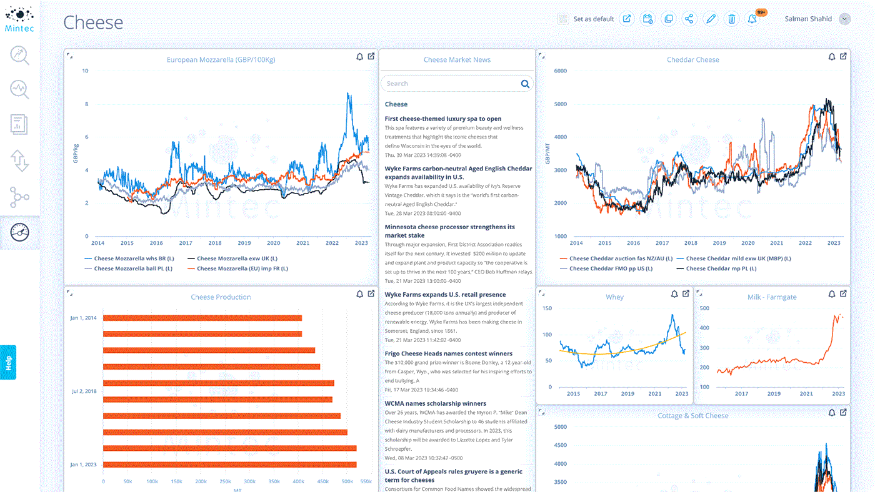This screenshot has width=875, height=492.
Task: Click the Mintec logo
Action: pyautogui.click(x=19, y=19)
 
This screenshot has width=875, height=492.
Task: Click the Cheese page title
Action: pyautogui.click(x=93, y=23)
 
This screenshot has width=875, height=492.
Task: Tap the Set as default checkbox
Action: pyautogui.click(x=563, y=19)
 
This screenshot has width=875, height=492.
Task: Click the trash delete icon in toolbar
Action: pyautogui.click(x=731, y=19)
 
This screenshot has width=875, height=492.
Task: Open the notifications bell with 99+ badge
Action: pyautogui.click(x=753, y=19)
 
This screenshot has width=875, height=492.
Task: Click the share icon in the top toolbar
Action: pyautogui.click(x=689, y=19)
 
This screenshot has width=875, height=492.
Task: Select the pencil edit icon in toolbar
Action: pyautogui.click(x=711, y=19)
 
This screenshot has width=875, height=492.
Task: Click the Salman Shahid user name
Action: pyautogui.click(x=808, y=19)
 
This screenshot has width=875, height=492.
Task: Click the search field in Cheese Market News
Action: pyautogui.click(x=450, y=84)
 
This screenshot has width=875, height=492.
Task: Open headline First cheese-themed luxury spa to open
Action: pyautogui.click(x=443, y=119)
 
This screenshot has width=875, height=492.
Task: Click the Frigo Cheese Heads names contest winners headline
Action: pyautogui.click(x=448, y=353)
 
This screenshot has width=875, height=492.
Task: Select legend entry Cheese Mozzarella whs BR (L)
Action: pyautogui.click(x=133, y=258)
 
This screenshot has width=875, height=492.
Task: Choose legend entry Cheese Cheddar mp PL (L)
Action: pyautogui.click(x=721, y=268)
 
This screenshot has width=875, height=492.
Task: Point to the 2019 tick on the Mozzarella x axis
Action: pyautogui.click(x=244, y=243)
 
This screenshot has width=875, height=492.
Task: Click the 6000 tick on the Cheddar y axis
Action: pyautogui.click(x=560, y=71)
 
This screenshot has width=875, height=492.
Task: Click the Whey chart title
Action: pyautogui.click(x=614, y=297)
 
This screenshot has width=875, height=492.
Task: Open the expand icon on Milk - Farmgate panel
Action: pyautogui.click(x=843, y=294)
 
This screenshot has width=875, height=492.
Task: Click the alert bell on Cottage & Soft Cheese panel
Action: pyautogui.click(x=832, y=413)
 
